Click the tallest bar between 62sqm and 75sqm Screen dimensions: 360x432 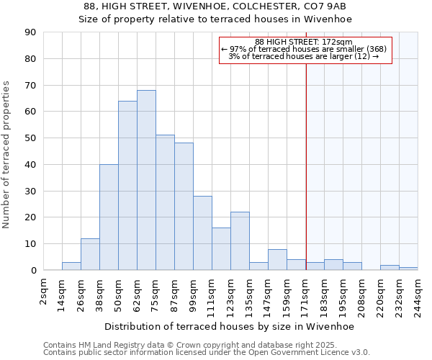coord(146,180)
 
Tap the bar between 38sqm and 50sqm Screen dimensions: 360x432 coord(109,217)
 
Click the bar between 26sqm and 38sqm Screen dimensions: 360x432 coord(90,254)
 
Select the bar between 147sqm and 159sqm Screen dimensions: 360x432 coord(277,259)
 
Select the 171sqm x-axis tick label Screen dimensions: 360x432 coord(305,292)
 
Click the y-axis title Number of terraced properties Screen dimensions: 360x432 coord(7,155)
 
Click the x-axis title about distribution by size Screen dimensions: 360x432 coord(229,326)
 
